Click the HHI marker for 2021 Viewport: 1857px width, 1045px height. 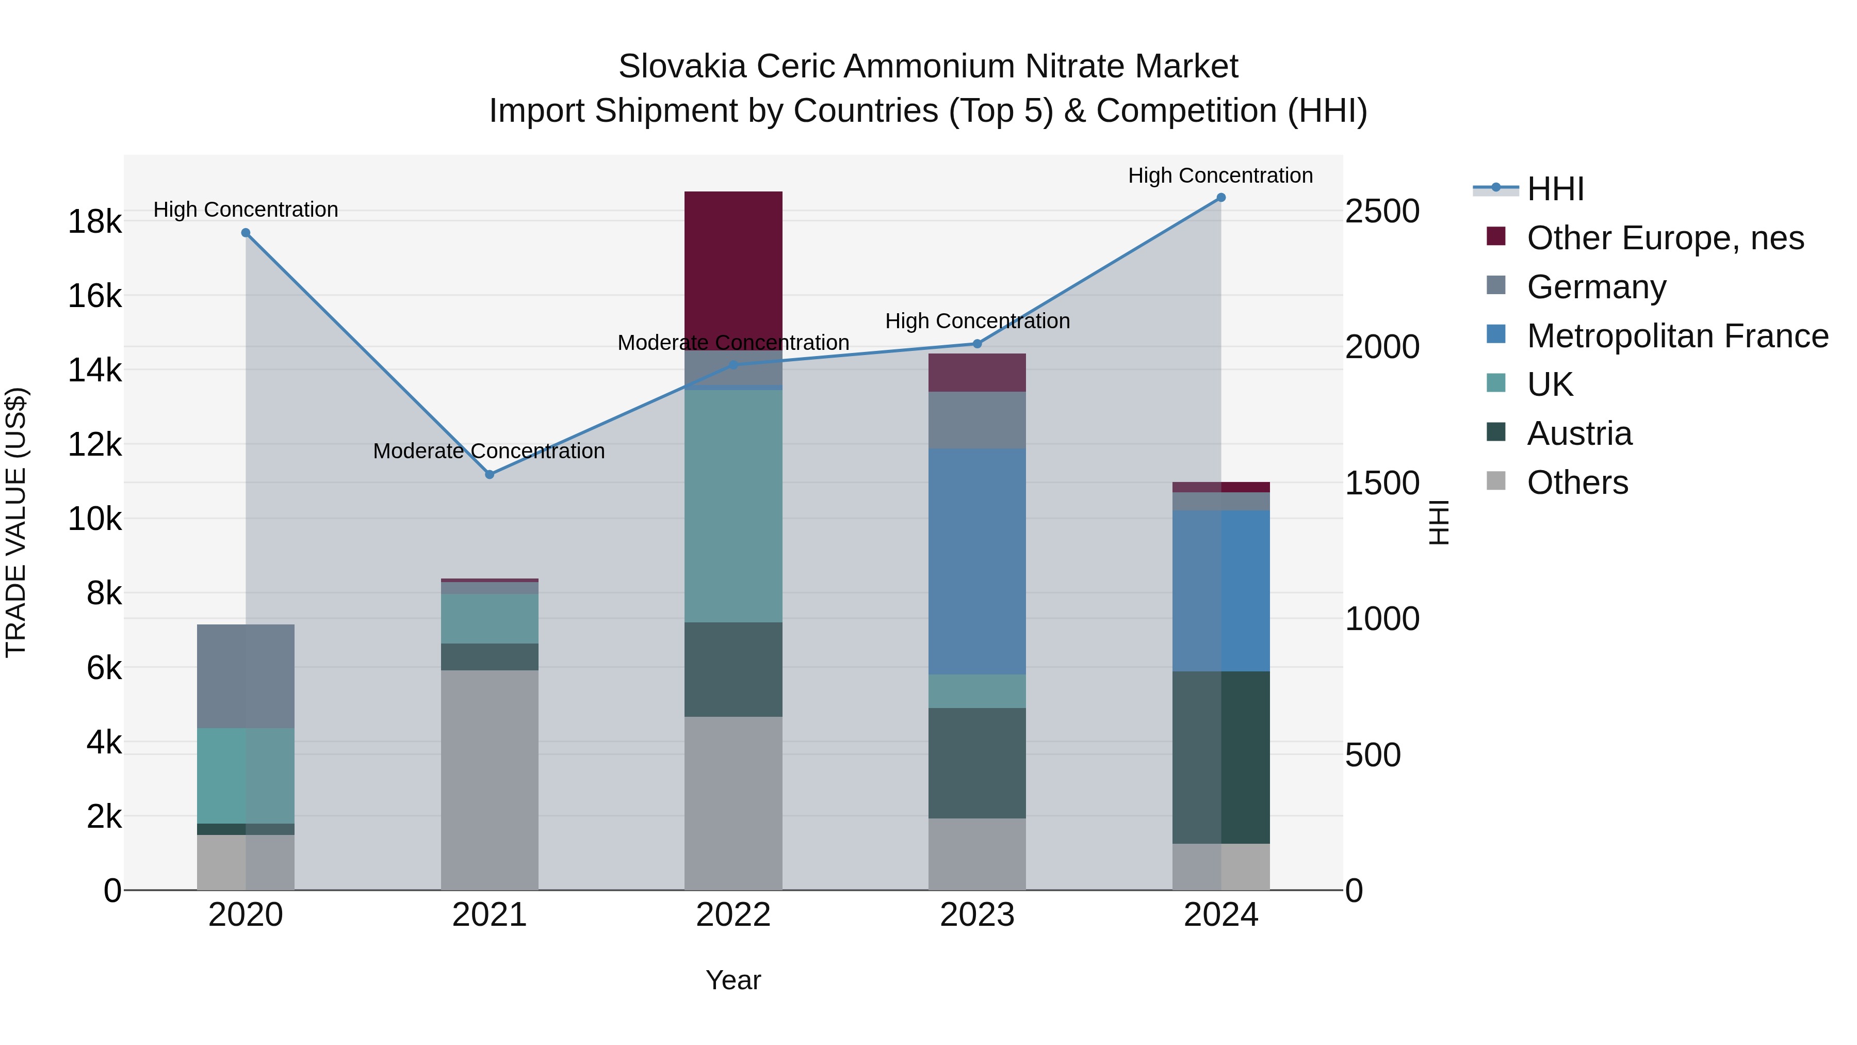point(490,475)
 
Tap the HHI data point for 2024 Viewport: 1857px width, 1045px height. point(1221,198)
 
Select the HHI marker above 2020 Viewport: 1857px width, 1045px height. point(246,233)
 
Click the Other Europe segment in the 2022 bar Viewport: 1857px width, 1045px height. point(733,270)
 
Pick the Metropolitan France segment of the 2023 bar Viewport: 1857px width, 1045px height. point(977,561)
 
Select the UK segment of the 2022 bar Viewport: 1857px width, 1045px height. point(733,505)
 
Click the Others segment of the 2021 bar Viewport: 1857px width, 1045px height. point(490,779)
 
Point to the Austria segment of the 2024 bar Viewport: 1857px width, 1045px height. point(1221,757)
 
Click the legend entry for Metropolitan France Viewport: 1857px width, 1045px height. point(1677,336)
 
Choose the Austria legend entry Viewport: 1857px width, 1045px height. point(1579,433)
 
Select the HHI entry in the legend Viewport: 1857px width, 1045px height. point(1555,189)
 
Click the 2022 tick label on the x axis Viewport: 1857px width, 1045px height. point(733,915)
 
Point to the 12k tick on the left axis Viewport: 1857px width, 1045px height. point(94,444)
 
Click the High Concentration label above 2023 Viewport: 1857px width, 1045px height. point(977,321)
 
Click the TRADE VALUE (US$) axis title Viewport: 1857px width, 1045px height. point(16,522)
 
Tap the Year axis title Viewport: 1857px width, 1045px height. point(733,980)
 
